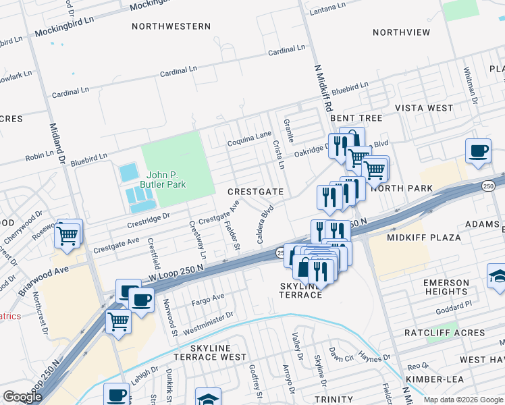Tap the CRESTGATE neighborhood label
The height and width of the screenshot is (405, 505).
pyautogui.click(x=255, y=192)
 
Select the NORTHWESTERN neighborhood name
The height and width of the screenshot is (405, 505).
pyautogui.click(x=171, y=26)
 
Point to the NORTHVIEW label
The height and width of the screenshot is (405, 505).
pyautogui.click(x=401, y=32)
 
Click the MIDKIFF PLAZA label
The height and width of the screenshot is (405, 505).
pyautogui.click(x=423, y=238)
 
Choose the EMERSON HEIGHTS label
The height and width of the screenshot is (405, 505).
pyautogui.click(x=446, y=287)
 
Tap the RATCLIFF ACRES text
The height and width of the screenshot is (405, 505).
pyautogui.click(x=444, y=333)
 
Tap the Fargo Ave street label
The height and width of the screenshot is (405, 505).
pyautogui.click(x=209, y=298)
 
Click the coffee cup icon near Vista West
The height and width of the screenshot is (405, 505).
pyautogui.click(x=479, y=151)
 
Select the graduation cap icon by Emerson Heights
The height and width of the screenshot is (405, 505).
pyautogui.click(x=498, y=275)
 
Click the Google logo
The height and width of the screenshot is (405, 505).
pyautogui.click(x=23, y=397)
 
